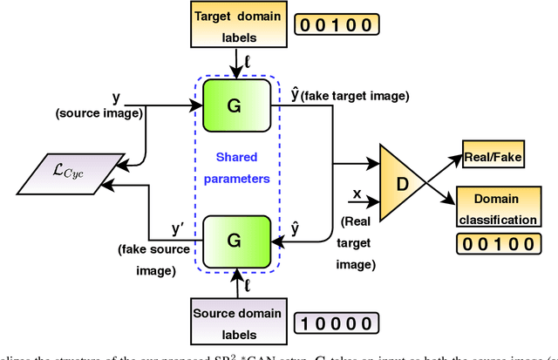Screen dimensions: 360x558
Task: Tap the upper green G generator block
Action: click(233, 105)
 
